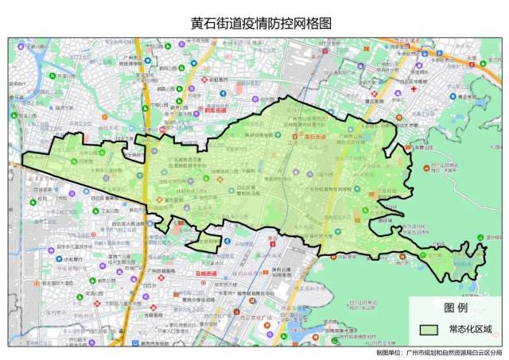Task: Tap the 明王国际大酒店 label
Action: [60, 283]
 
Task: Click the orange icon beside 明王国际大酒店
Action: [35, 283]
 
